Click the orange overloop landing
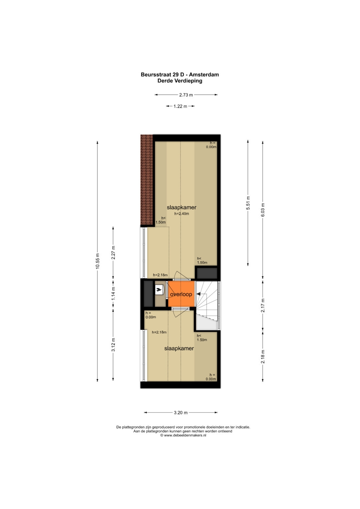click(x=181, y=294)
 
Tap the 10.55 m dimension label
click(x=97, y=261)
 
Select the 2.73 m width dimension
click(x=186, y=95)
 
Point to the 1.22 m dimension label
click(x=180, y=106)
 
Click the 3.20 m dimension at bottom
click(x=181, y=412)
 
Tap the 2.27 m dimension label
click(x=113, y=253)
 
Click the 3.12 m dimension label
click(x=113, y=345)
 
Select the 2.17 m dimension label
click(x=263, y=305)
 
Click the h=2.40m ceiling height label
click(x=182, y=214)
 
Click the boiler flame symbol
click(x=159, y=290)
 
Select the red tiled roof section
click(x=147, y=180)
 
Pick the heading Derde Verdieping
click(x=180, y=81)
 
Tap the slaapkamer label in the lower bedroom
click(x=179, y=348)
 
